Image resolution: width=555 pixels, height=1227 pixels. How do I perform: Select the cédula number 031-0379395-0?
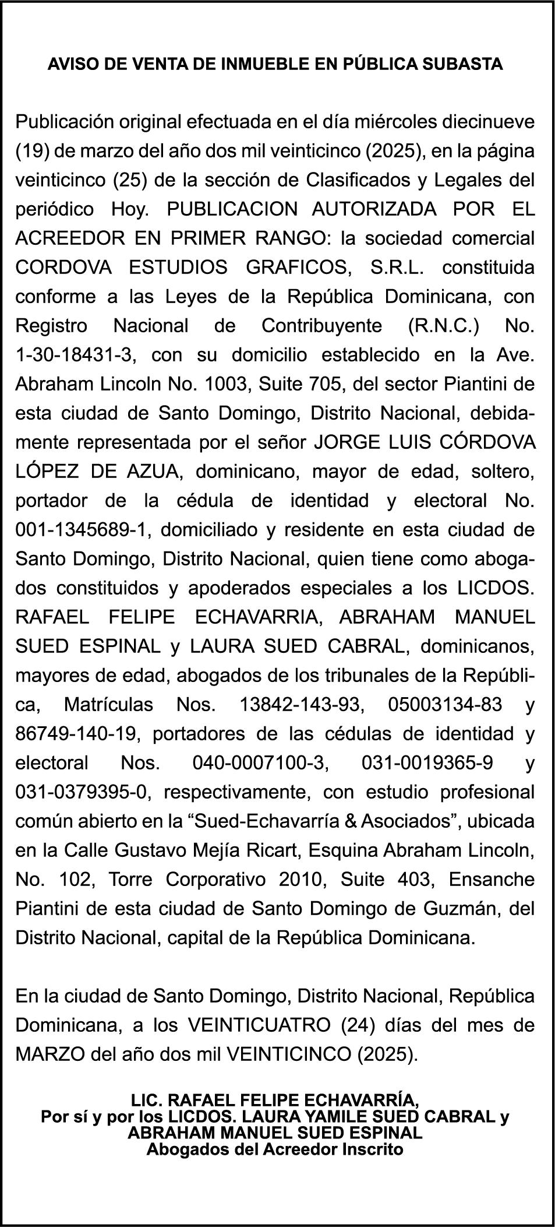click(x=82, y=793)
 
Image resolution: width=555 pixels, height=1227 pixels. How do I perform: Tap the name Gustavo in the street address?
click(x=147, y=851)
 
